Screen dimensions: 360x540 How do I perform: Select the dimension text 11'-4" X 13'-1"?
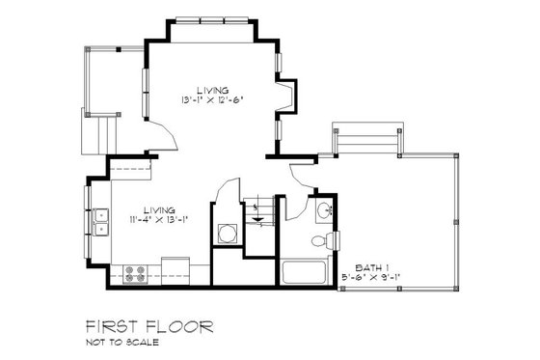tap(154, 218)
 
